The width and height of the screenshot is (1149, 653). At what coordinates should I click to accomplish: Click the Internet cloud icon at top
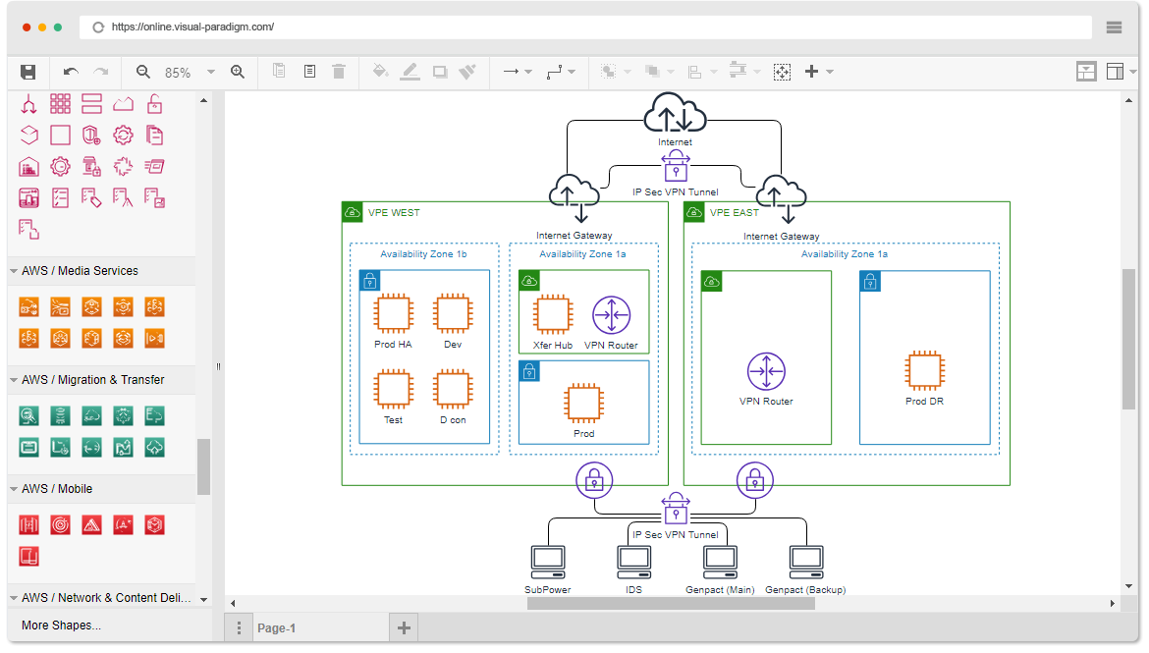point(675,113)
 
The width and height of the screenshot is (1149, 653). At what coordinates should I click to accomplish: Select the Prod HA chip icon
point(393,313)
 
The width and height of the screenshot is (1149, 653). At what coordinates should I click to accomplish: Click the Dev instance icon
point(453,313)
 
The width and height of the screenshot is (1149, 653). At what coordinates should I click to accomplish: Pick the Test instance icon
point(393,390)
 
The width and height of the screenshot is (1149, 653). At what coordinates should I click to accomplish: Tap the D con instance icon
point(453,390)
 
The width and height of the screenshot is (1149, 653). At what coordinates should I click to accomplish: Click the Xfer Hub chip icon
point(553,315)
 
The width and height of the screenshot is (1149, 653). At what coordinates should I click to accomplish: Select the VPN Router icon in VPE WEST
point(611,315)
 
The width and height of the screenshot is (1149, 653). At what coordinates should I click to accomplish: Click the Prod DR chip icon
point(924,371)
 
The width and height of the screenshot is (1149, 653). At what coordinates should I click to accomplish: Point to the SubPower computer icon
point(547,562)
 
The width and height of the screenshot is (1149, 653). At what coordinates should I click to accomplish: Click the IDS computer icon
point(633,562)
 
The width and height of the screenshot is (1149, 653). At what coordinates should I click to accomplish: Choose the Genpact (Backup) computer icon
point(806,562)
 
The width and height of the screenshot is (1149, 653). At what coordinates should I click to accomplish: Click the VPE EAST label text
point(734,213)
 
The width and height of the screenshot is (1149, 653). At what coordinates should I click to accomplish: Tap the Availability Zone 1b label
point(423,254)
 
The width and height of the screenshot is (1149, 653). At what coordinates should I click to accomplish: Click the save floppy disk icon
point(28,72)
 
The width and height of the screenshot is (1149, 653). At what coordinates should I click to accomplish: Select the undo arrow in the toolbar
point(71,72)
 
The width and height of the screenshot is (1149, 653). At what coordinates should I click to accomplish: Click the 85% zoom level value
point(178,73)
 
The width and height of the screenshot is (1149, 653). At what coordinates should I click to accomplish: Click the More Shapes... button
point(61,626)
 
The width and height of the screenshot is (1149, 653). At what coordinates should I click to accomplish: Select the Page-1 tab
point(276,628)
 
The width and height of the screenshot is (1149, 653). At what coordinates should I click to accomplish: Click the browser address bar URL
point(192,27)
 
